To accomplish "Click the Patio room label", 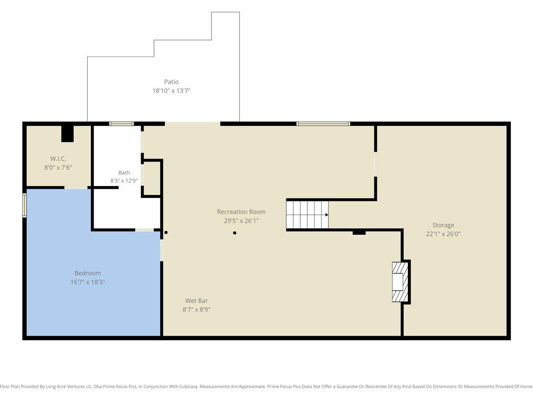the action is [x=171, y=82].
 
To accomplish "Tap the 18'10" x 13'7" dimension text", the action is [x=171, y=91].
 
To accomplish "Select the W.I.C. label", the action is [x=58, y=159].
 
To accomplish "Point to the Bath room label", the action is [x=124, y=173].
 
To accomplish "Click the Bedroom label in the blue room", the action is [x=88, y=273].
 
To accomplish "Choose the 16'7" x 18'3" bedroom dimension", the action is [x=88, y=282].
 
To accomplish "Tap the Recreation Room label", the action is [x=241, y=212].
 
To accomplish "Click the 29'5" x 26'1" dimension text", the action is [x=241, y=221].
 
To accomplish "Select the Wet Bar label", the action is [x=196, y=301].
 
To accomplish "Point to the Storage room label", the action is [x=443, y=225].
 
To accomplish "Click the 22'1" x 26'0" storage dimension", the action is [x=443, y=234].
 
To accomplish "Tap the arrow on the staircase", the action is [x=327, y=215].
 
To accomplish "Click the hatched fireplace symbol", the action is [x=400, y=282].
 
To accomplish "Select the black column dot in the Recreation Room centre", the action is [x=235, y=233].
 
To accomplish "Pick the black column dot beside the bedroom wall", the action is [x=166, y=232].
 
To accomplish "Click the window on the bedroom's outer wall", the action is [x=24, y=205].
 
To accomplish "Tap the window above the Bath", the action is [x=121, y=124].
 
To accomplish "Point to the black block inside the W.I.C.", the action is [x=67, y=134].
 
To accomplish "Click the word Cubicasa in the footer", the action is [x=188, y=386].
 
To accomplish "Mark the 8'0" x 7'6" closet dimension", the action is [x=58, y=168].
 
